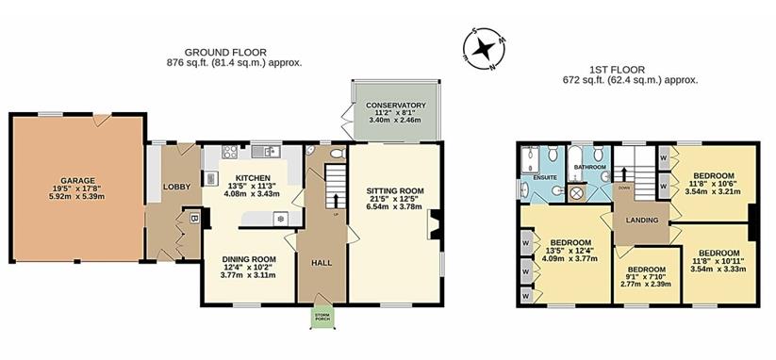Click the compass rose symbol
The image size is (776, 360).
[x=484, y=49]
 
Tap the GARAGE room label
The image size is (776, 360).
[x=77, y=180]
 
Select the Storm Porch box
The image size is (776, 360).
[x=322, y=317]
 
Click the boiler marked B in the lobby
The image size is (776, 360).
[x=194, y=219]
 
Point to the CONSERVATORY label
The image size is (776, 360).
[x=396, y=106]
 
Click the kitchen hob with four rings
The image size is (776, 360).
[x=230, y=152]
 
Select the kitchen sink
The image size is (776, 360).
[x=266, y=152]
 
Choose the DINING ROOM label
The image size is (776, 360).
[x=248, y=259]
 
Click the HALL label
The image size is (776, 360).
[x=322, y=263]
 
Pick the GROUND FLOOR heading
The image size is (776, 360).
[x=225, y=52]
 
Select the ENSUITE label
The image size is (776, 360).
[x=545, y=176]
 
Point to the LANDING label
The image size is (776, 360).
[x=641, y=221]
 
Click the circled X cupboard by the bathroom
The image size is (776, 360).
[x=576, y=193]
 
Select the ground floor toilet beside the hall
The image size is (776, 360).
[x=338, y=154]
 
